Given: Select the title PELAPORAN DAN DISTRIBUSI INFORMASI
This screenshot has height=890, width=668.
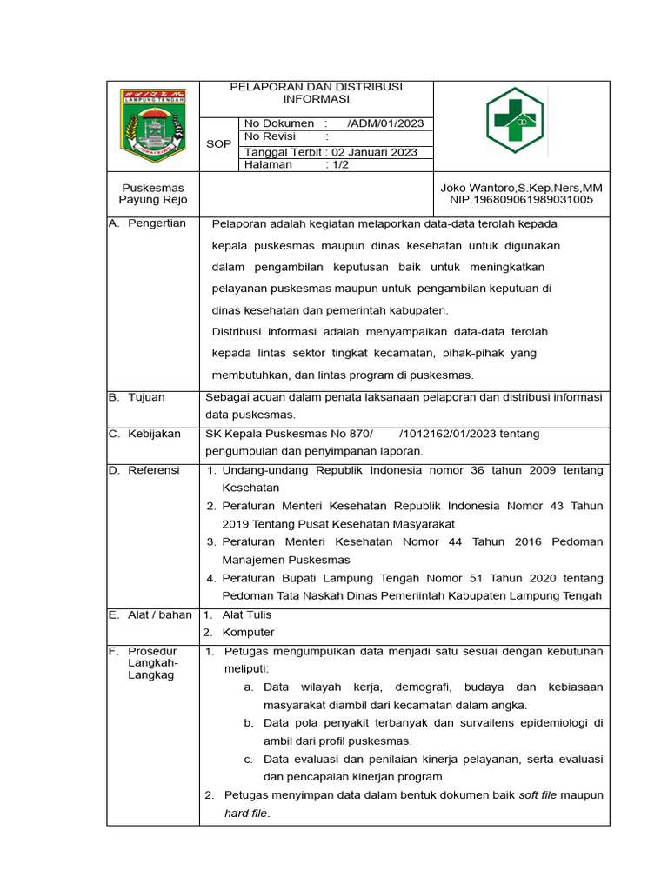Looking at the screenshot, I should (x=316, y=93).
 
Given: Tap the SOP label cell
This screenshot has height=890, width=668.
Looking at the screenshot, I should (x=218, y=144).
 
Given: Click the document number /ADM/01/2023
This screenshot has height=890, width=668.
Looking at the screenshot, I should (x=384, y=124).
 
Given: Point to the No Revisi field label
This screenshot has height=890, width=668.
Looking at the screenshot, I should (x=271, y=137).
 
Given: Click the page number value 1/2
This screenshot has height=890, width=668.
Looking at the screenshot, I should (x=337, y=165).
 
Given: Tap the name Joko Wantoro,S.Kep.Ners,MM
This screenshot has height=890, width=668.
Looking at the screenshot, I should (x=522, y=188).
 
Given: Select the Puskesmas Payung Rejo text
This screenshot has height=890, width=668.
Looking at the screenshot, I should (x=152, y=194).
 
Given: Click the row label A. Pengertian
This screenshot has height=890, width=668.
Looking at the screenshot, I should (x=148, y=223).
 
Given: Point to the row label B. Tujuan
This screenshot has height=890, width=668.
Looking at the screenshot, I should (x=137, y=397).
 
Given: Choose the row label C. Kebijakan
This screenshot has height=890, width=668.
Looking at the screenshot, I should (x=144, y=434).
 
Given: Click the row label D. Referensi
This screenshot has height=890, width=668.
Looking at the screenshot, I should (x=144, y=470).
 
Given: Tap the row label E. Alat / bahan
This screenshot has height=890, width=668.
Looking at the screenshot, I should (x=150, y=614).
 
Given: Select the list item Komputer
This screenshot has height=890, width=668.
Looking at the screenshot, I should (x=248, y=633).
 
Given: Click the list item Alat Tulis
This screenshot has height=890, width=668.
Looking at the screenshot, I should (x=247, y=614).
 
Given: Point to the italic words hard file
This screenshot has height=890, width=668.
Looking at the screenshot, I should (x=246, y=814).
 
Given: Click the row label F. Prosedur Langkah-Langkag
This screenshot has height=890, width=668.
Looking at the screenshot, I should (x=152, y=663).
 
